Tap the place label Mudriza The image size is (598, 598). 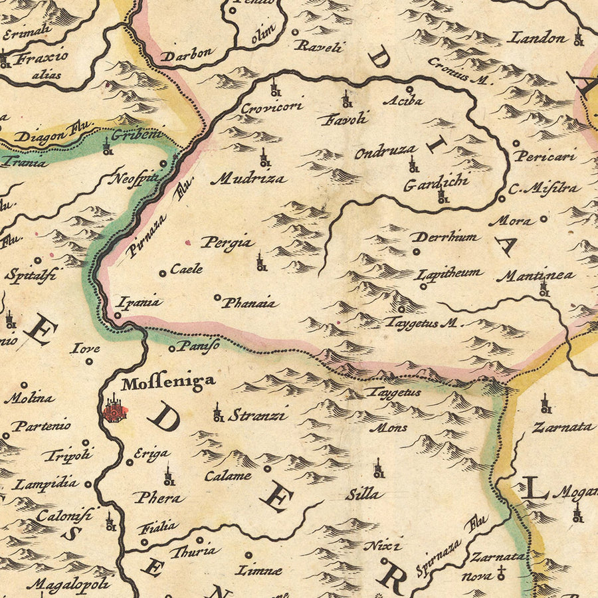pyautogui.click(x=249, y=178)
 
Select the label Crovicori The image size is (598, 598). pyautogui.click(x=272, y=106)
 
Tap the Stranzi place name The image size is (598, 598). pyautogui.click(x=257, y=416)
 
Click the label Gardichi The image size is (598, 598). pyautogui.click(x=436, y=182)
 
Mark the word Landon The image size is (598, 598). pyautogui.click(x=536, y=38)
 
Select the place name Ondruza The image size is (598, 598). pyautogui.click(x=385, y=152)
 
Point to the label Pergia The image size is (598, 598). pyautogui.click(x=228, y=243)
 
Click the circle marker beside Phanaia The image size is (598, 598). pyautogui.click(x=217, y=298)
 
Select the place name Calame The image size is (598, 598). pyautogui.click(x=228, y=476)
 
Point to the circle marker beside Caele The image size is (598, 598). pyautogui.click(x=162, y=273)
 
